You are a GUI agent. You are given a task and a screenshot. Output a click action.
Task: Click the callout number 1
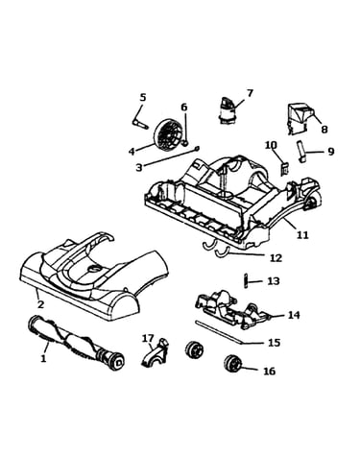(43, 358)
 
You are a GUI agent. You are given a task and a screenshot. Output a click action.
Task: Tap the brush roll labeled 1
(76, 343)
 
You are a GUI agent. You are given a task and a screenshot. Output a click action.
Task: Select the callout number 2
(40, 304)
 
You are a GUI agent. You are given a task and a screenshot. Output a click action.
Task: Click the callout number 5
(143, 97)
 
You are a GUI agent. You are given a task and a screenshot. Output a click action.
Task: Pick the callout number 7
(250, 93)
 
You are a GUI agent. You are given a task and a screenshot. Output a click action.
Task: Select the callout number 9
(330, 151)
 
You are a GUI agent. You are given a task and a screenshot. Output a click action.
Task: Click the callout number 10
(272, 145)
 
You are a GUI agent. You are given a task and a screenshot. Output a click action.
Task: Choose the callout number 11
(302, 234)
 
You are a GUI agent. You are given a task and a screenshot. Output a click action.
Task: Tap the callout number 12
(276, 257)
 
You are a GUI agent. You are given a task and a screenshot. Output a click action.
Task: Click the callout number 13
(274, 281)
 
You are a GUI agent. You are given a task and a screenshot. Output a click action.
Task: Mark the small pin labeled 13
(246, 281)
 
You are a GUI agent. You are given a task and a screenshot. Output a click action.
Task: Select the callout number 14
(294, 315)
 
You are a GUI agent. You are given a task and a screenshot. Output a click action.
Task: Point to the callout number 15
(274, 343)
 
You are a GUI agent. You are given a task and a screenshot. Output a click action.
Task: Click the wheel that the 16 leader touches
(233, 364)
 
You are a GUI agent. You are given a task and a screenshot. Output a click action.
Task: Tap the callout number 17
(148, 338)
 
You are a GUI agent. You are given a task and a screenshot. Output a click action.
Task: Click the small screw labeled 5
(140, 124)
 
